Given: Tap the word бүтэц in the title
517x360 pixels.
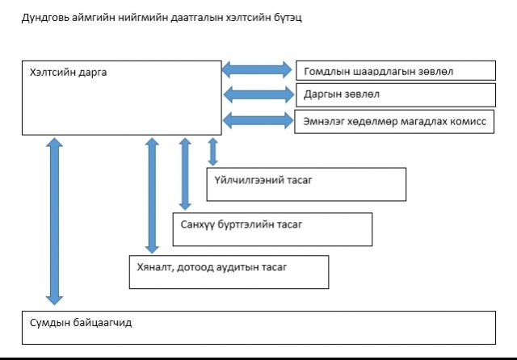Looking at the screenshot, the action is [288, 18].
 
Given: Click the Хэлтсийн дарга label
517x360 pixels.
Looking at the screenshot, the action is [68, 73].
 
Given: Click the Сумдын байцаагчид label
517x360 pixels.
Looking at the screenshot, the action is [81, 323].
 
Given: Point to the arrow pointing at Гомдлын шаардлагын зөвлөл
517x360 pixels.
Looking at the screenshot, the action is [257, 70].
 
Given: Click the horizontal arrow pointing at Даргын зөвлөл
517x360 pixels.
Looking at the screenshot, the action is [258, 95].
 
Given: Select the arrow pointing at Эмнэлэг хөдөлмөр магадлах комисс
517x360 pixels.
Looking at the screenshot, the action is [258, 120].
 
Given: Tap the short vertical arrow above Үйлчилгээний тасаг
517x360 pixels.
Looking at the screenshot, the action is [213, 152].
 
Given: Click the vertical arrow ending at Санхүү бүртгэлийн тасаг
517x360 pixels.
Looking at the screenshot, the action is [185, 174].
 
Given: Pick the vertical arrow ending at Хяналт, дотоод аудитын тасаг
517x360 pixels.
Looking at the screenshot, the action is [152, 195].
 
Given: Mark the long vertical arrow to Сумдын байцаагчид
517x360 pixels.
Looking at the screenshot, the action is [54, 221].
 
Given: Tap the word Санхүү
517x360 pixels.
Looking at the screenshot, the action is [197, 225].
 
